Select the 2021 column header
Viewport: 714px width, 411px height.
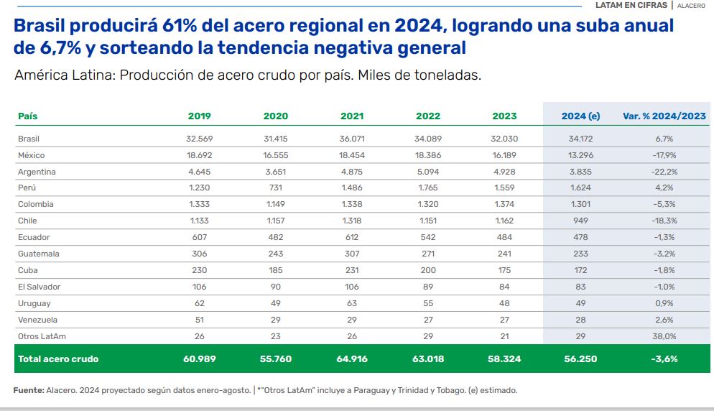(x=351, y=116)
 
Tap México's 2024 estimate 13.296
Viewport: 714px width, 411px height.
(x=580, y=155)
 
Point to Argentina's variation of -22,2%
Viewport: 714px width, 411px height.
(x=664, y=172)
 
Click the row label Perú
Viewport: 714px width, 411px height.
(x=27, y=188)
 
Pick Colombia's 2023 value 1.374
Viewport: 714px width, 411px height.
(x=504, y=204)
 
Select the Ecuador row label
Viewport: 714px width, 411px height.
(x=34, y=237)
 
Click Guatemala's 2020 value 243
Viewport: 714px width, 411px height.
(x=276, y=254)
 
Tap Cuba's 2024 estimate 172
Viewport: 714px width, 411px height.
(x=580, y=270)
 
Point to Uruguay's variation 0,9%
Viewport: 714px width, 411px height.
(x=664, y=303)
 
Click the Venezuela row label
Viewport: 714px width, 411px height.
(x=38, y=320)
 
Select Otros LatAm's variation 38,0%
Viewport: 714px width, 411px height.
(x=664, y=336)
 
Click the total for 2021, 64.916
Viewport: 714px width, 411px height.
(x=351, y=359)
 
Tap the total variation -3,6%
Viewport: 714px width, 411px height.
(x=664, y=359)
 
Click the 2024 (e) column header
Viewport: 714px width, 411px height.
(x=580, y=116)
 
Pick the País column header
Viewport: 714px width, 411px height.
(x=28, y=116)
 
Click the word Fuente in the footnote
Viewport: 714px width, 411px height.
(x=29, y=391)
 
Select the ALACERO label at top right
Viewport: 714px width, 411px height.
(x=691, y=6)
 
